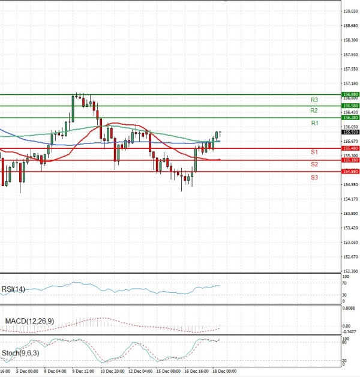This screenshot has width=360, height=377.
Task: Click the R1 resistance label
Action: [x=314, y=123]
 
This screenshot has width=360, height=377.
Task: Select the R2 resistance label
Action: [x=314, y=111]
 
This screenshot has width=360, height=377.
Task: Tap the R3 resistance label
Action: [x=314, y=100]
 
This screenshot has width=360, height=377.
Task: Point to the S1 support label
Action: [x=314, y=152]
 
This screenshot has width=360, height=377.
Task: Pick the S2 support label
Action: [x=314, y=164]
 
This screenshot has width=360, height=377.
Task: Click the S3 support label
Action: [x=314, y=177]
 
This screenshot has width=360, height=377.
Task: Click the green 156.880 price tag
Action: [x=350, y=95]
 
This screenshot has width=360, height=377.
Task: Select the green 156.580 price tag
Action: [x=350, y=106]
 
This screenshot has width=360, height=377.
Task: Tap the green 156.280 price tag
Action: [x=350, y=118]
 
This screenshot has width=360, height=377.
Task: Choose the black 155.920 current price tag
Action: [x=350, y=132]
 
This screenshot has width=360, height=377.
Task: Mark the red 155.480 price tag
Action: [x=350, y=148]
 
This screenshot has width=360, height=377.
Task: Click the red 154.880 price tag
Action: [x=350, y=172]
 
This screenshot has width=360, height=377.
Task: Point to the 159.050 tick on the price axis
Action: [x=350, y=11]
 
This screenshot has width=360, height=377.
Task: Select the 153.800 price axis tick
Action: [x=350, y=213]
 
